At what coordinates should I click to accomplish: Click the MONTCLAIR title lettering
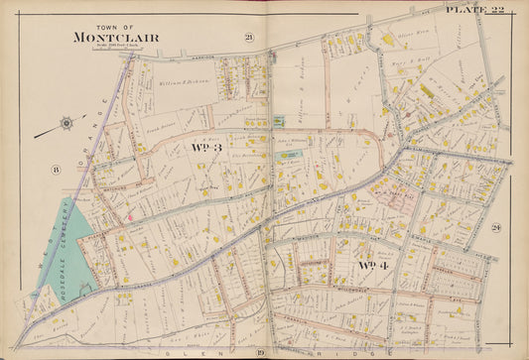(115, 38)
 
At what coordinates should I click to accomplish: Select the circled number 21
(249, 38)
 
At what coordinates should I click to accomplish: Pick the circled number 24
(495, 229)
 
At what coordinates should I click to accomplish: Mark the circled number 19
(260, 352)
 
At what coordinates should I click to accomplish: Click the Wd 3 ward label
(207, 147)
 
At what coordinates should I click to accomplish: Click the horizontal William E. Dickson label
(183, 82)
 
